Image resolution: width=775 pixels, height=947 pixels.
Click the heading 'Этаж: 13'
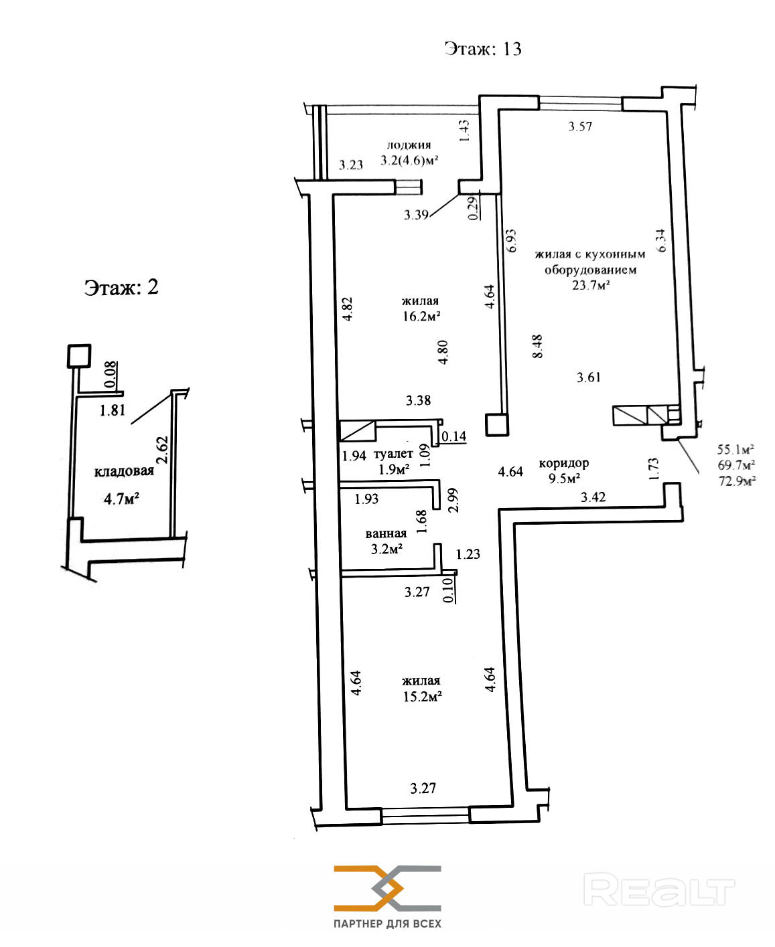pos(483,48)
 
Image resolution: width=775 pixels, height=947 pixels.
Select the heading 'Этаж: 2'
pos(121,287)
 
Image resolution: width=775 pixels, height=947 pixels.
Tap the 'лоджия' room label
pos(409,145)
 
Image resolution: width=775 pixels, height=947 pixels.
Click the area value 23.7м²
pos(591,284)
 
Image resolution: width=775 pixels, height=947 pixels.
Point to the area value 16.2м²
pos(421,316)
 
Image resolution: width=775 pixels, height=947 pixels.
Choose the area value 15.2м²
pos(422,697)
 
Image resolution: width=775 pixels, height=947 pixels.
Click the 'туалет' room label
pos(393,454)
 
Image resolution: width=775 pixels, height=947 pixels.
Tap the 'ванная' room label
pos(386,533)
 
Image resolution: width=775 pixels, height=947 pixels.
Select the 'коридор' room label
pos(564,463)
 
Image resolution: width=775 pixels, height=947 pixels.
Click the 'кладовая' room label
pos(124,471)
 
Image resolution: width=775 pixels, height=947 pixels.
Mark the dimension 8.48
pos(537,346)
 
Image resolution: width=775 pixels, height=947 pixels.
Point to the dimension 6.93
pos(510,241)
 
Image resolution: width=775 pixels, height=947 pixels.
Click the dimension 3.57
pos(580,126)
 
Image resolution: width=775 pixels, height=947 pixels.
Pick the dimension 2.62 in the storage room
pos(162,450)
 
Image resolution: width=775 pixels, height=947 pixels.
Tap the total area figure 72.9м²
pos(737,481)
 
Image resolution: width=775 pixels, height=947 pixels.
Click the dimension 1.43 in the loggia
pos(464,131)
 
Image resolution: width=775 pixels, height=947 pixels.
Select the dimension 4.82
pos(348,309)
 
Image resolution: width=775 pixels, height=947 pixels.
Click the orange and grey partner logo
pos(387,888)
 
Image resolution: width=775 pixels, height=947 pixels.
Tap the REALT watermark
pos(659,889)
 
